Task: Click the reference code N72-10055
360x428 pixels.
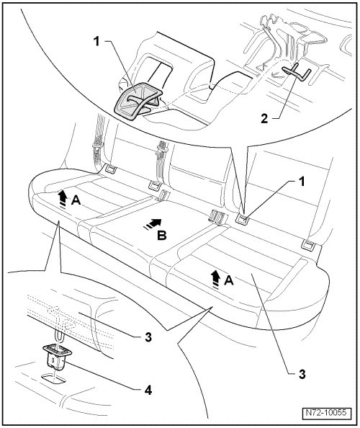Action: coord(326,412)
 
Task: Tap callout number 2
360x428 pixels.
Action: coord(264,119)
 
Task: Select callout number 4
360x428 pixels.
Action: coord(148,391)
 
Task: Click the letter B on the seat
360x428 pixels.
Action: coord(162,236)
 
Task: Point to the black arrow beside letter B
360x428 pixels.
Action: coord(153,224)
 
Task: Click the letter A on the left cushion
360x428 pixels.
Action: coord(76,200)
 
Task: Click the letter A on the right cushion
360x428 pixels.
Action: coord(229,280)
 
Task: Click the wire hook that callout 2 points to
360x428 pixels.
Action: coord(297,71)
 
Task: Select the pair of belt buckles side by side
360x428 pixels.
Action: coord(218,216)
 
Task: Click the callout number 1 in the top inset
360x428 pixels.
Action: coord(96,42)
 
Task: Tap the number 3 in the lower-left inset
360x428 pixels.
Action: coord(148,337)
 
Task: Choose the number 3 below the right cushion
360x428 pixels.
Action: coord(302,374)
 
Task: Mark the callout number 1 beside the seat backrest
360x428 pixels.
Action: coord(301,182)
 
